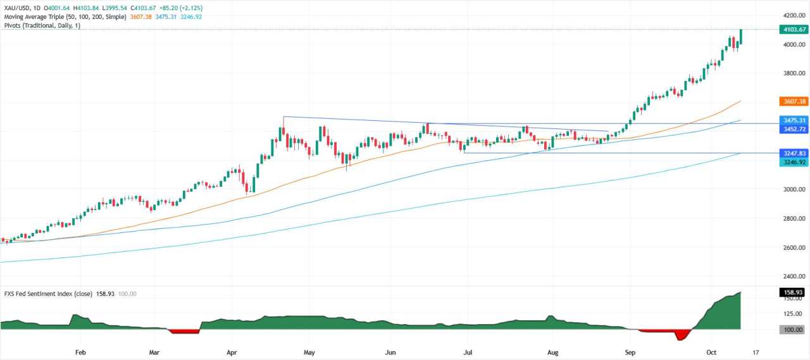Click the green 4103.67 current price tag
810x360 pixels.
tap(793, 29)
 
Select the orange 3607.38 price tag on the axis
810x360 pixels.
tap(793, 101)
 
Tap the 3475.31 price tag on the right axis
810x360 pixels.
tap(793, 120)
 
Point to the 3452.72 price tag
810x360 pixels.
tap(793, 129)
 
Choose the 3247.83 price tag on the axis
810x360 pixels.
tap(793, 153)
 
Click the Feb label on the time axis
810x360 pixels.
tap(80, 352)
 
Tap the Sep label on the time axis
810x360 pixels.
tap(630, 352)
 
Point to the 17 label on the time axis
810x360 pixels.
tap(756, 352)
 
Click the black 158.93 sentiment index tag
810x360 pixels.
tap(793, 293)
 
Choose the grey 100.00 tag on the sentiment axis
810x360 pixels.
tap(793, 330)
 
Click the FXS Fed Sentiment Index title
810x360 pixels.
tap(50, 294)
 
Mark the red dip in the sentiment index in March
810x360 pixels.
tap(184, 331)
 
